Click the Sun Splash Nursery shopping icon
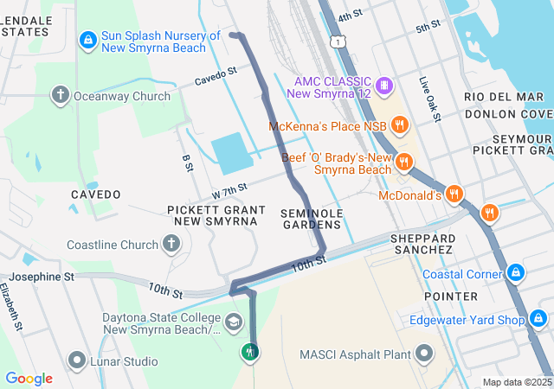coord(87,40)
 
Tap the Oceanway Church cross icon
coord(61,94)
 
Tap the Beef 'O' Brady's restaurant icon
coord(403,163)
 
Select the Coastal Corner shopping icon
coord(516,273)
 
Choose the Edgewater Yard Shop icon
coord(538,320)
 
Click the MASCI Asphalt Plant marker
coord(424,353)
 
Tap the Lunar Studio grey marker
coord(77,360)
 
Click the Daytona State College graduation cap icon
coord(233,322)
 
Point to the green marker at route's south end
coord(250,352)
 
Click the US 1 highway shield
coord(336,41)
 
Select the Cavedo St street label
coord(216,76)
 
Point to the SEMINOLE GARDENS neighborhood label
coord(312,219)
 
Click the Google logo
coord(29,379)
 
